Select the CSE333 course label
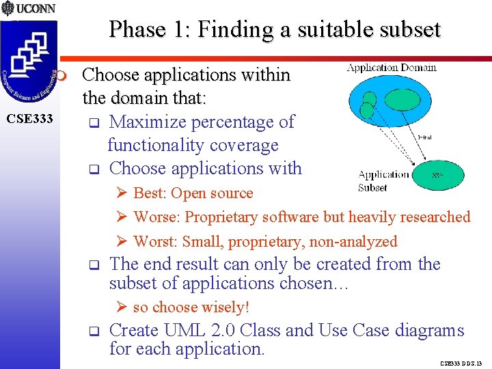click(29, 120)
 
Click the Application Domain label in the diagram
click(392, 67)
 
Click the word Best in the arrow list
click(150, 193)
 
